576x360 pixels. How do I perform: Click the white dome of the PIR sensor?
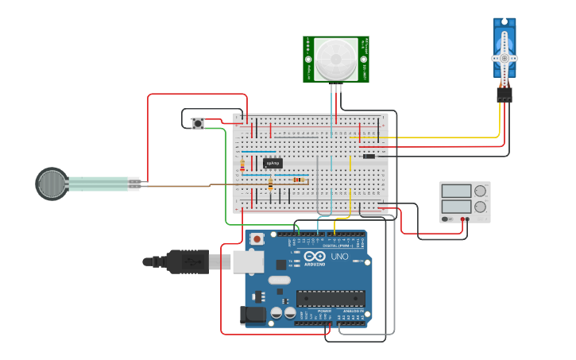[x=335, y=59]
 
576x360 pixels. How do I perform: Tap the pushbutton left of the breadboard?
[x=198, y=123]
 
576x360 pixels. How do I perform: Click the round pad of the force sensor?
[x=52, y=184]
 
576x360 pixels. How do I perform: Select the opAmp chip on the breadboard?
[x=273, y=163]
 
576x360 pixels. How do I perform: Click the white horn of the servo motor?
[x=504, y=58]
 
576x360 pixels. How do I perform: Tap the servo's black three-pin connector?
[x=504, y=95]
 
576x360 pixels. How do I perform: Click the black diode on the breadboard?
[x=369, y=156]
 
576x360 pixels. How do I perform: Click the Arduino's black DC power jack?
[x=253, y=315]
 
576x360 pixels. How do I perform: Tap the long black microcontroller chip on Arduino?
[x=331, y=298]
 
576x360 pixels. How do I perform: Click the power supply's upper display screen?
[x=456, y=191]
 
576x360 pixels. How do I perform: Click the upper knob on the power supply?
[x=480, y=191]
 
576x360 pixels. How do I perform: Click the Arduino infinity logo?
[x=314, y=256]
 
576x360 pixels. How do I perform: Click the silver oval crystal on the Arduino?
[x=280, y=280]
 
